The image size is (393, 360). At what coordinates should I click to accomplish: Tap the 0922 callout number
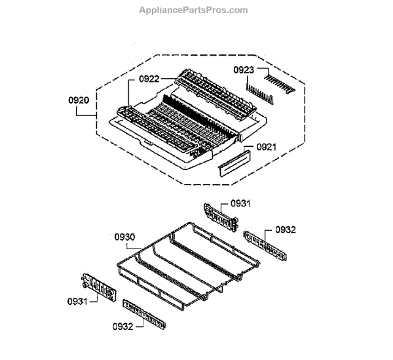coord(149,79)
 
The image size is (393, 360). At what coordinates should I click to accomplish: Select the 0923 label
coord(246,70)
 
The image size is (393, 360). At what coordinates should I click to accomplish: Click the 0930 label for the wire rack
coord(124,236)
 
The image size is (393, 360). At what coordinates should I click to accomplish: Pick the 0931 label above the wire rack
coord(240,204)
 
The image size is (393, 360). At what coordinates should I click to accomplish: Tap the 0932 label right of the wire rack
coord(286,230)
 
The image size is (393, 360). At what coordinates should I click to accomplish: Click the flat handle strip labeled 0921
coord(234,161)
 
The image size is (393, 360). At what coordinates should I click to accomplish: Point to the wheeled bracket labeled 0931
coord(96,288)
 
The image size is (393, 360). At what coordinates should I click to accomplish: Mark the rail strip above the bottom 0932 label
coord(141,311)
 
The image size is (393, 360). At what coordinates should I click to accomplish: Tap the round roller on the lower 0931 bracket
coord(85,287)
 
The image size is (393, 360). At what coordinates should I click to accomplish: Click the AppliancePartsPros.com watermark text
coord(194,10)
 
